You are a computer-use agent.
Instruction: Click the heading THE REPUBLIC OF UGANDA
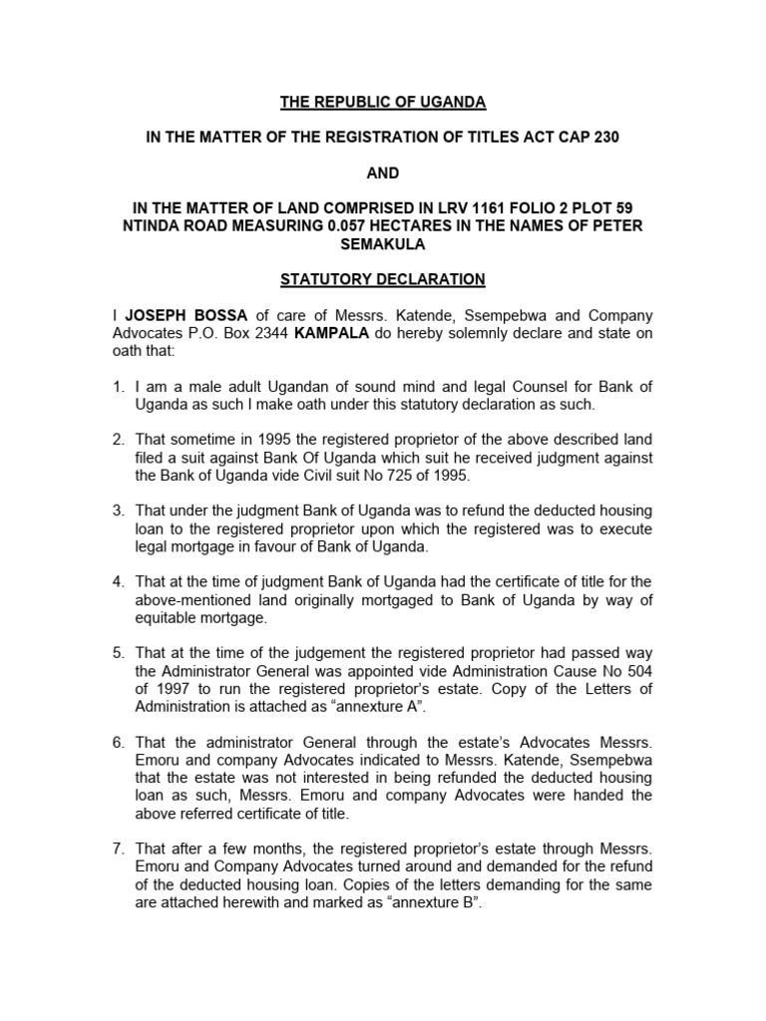click(382, 103)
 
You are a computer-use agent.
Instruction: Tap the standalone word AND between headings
click(382, 172)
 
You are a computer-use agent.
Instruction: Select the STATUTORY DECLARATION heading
click(382, 279)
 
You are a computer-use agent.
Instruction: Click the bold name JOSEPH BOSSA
click(175, 315)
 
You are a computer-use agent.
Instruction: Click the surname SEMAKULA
click(382, 243)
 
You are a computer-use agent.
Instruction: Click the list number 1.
click(117, 387)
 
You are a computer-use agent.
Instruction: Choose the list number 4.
click(117, 582)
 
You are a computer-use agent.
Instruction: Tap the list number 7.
click(117, 849)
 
